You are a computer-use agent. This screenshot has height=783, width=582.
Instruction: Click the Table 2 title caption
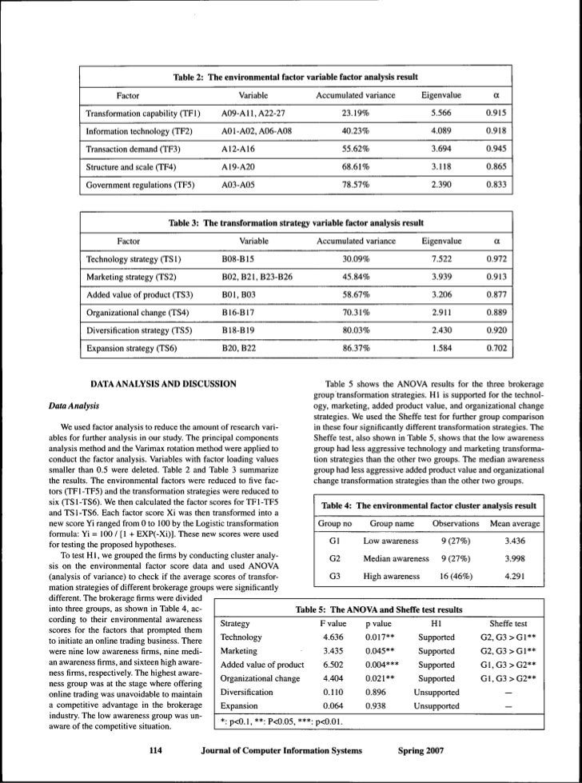[x=296, y=77]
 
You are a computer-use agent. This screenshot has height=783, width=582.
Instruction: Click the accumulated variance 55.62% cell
[x=356, y=149]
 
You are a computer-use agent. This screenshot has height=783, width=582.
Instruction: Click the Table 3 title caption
[x=296, y=222]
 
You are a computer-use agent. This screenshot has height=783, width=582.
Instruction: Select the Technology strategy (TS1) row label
[x=133, y=259]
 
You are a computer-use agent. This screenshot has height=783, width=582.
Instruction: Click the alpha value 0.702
[x=495, y=348]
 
